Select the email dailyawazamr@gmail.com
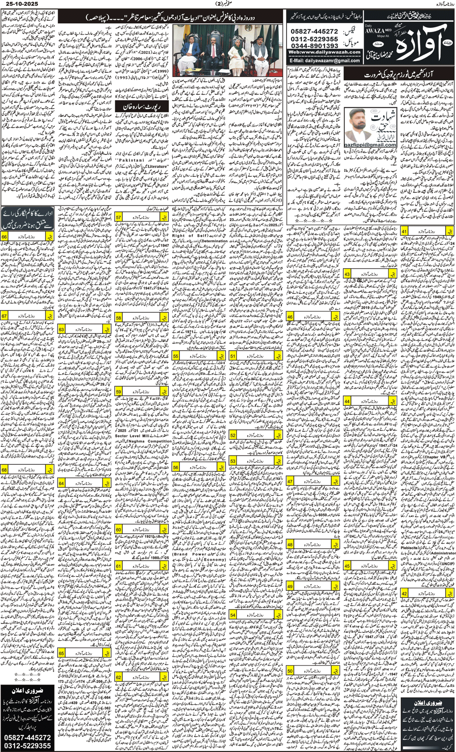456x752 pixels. point(324,60)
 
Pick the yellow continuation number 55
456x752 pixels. point(176,356)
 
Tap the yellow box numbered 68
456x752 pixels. point(4,470)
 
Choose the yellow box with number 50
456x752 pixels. point(290,671)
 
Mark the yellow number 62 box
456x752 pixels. point(119,677)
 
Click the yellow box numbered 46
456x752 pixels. point(290,317)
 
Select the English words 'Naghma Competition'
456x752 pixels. point(143,441)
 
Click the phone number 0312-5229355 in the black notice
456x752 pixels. point(27,745)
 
